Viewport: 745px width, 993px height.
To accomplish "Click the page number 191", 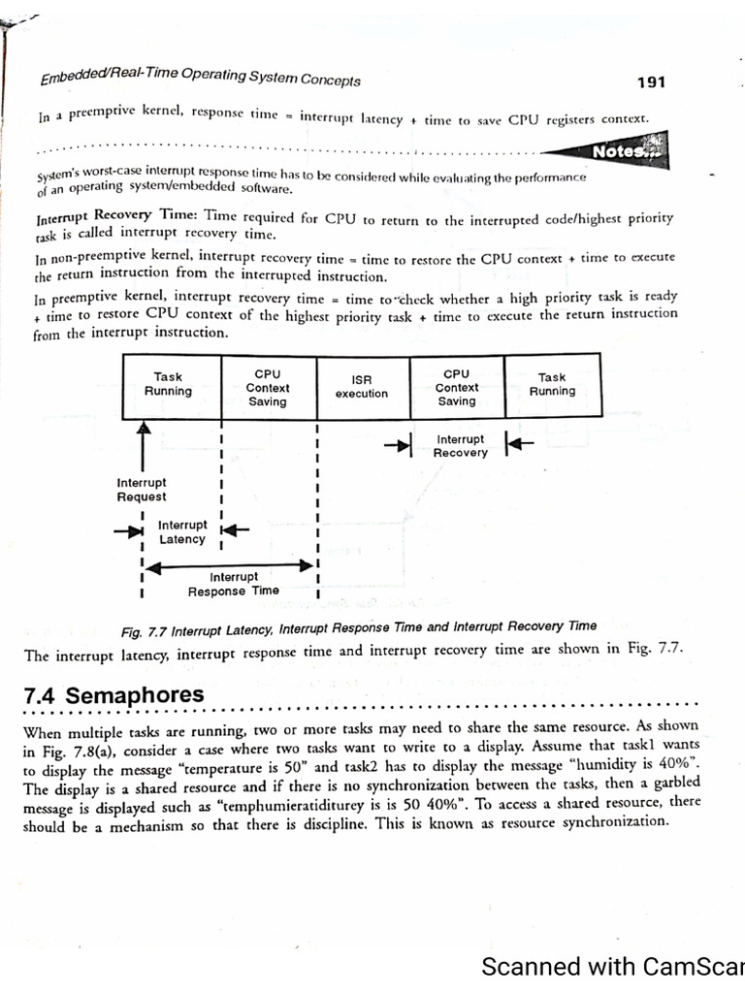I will [651, 82].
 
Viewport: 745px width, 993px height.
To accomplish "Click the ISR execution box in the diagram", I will [362, 386].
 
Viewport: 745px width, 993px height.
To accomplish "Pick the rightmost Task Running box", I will [552, 385].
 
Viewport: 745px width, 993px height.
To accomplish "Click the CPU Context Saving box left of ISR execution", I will [268, 386].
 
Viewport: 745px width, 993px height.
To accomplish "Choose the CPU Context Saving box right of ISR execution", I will [456, 386].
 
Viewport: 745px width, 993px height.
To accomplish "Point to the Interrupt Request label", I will [142, 490].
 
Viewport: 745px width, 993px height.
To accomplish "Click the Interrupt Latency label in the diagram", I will [182, 532].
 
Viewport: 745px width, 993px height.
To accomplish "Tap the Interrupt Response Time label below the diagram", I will [233, 584].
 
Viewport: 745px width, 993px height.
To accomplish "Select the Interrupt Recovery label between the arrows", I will [461, 446].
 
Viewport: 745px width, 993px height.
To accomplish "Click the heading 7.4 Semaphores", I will [114, 695].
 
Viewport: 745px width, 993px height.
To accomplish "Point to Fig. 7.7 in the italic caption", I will [145, 632].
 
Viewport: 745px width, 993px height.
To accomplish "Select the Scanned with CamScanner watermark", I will [612, 967].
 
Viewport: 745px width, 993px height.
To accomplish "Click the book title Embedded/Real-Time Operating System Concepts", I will [200, 77].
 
